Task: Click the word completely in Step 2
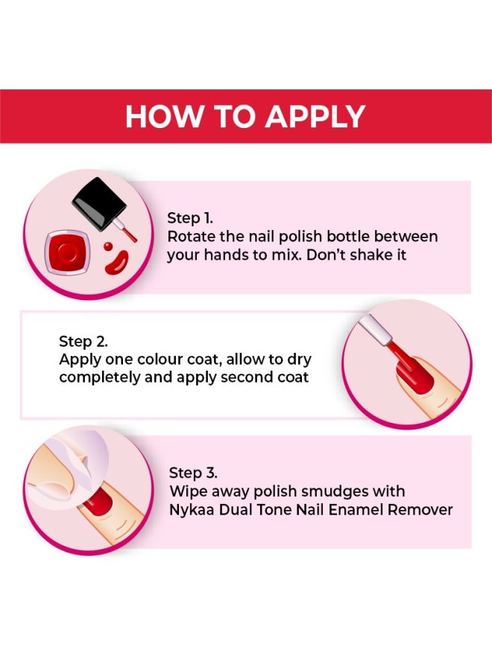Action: tap(100, 377)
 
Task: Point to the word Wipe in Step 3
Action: tap(186, 491)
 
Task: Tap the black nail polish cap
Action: tap(98, 202)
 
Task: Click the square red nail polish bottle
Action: tap(68, 252)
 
